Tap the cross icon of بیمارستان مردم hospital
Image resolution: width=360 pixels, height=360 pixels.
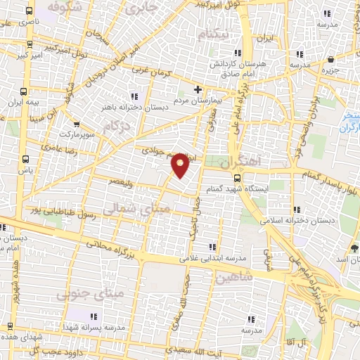coord(198,89)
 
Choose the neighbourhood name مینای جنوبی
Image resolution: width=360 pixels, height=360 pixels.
coord(98,290)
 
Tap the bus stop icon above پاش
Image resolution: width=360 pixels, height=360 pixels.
coord(26,159)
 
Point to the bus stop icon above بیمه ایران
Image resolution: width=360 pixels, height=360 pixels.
coord(24,91)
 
